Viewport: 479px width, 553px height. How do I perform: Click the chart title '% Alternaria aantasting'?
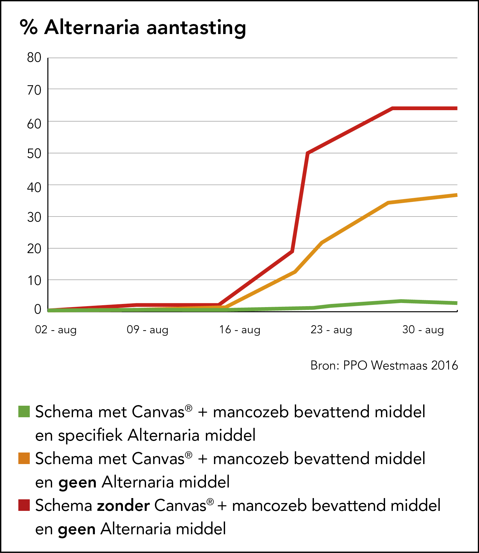pos(133,27)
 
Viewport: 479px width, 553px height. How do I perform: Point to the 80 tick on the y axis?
pos(34,58)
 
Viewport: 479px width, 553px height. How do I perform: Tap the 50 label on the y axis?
pos(34,154)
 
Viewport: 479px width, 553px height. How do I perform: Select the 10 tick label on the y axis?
pos(34,281)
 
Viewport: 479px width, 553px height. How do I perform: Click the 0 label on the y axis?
pos(38,309)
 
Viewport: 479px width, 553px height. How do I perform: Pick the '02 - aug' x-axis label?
pos(56,330)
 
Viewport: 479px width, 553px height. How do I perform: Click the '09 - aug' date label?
pos(148,330)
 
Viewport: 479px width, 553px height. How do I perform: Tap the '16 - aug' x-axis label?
pos(240,330)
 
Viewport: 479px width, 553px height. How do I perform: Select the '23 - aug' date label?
pos(331,330)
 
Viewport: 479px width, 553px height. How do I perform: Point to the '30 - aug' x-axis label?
pos(423,330)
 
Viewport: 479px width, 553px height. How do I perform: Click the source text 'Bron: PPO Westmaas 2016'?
pos(384,365)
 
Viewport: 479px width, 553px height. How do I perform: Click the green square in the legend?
pos(24,412)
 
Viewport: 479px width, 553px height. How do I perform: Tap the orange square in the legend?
pos(24,458)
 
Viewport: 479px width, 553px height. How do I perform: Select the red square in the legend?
pos(24,505)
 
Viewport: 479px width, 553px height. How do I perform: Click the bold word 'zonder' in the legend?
pos(123,506)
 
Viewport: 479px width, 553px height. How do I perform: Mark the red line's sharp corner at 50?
pos(308,153)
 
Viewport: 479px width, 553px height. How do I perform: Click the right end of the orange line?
pos(457,195)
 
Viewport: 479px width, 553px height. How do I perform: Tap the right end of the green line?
pos(457,303)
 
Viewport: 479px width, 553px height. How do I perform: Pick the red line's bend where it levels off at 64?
pos(392,108)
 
